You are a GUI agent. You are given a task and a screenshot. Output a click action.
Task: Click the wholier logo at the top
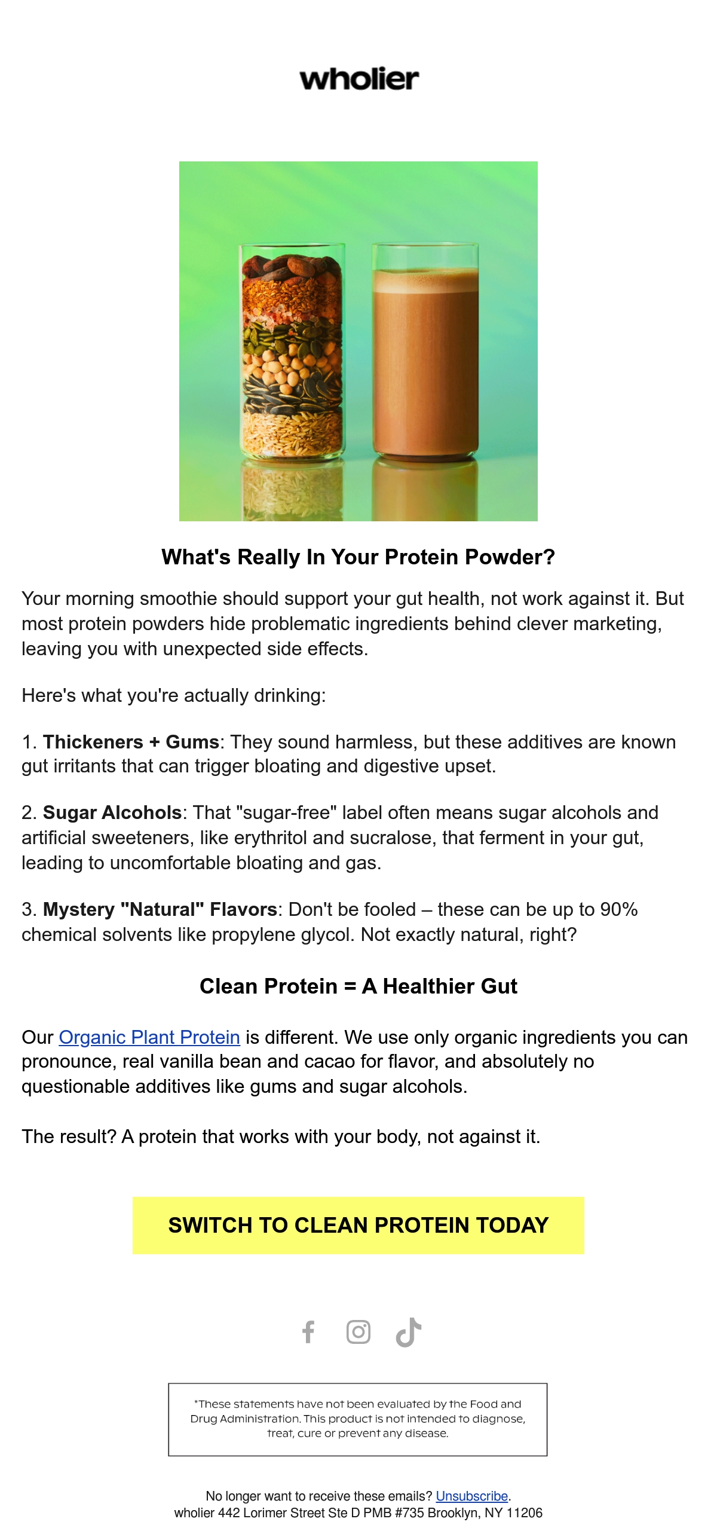(359, 80)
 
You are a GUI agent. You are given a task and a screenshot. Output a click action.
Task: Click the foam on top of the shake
(425, 280)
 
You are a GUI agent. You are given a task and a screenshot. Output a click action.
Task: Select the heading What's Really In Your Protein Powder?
(358, 557)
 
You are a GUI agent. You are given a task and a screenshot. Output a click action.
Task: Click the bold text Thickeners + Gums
(131, 742)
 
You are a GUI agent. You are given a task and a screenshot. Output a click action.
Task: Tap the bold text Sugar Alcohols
(112, 812)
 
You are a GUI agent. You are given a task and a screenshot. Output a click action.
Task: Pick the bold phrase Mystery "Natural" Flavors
(160, 909)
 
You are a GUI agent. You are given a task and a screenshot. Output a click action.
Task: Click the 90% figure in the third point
(619, 909)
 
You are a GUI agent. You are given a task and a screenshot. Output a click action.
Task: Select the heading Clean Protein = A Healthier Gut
(358, 986)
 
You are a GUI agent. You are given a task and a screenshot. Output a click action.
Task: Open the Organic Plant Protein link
(149, 1037)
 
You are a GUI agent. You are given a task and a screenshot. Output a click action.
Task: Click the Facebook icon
(308, 1332)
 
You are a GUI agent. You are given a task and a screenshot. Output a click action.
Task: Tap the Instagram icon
(358, 1332)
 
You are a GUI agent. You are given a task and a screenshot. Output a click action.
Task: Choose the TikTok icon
(409, 1332)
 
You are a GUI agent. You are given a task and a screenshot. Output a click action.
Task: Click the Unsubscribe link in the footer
(472, 1496)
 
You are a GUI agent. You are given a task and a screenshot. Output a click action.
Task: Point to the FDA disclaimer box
(358, 1419)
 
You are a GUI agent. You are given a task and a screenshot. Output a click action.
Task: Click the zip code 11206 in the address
(525, 1512)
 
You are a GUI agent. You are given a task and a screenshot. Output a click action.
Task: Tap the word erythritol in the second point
(271, 838)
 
